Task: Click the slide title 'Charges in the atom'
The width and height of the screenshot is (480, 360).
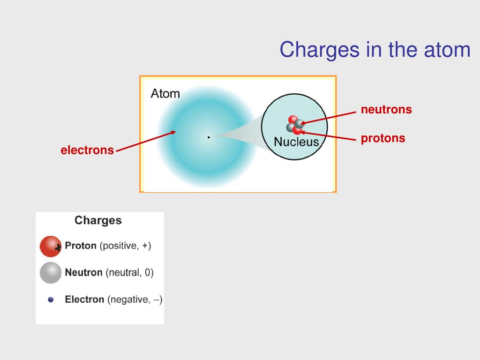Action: [x=375, y=50]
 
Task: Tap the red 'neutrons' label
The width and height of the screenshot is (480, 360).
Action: [x=386, y=110]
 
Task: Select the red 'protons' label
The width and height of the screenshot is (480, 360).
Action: [x=383, y=139]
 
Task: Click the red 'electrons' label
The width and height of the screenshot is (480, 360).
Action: [x=87, y=150]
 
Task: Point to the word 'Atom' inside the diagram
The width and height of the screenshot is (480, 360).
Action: [x=165, y=94]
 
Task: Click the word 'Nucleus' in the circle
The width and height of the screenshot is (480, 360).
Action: [x=296, y=142]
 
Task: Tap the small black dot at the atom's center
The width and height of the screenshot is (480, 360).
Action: [x=209, y=137]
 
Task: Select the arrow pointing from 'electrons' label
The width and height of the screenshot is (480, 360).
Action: [x=145, y=142]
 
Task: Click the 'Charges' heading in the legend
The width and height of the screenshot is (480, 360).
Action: [x=98, y=220]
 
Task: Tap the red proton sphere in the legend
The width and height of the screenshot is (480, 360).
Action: [x=50, y=247]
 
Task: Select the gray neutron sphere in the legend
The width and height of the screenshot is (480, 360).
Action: [x=51, y=273]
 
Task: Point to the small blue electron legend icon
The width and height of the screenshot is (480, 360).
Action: [x=51, y=300]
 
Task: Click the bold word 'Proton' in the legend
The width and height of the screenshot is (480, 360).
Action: [x=81, y=246]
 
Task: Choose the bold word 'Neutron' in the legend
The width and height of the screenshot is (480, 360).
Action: [x=83, y=272]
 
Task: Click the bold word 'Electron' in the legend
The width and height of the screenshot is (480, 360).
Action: [x=84, y=299]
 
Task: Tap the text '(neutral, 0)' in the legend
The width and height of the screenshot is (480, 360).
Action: [x=129, y=272]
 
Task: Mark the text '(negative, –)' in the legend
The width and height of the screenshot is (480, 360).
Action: [x=135, y=300]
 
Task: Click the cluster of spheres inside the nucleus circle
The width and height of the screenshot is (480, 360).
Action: [x=295, y=125]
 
